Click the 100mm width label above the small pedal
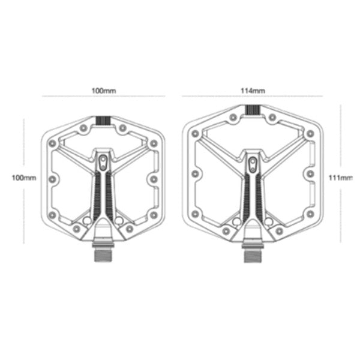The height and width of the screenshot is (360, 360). (104, 91)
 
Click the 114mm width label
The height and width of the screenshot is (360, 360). (253, 91)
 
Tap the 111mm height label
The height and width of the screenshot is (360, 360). (340, 178)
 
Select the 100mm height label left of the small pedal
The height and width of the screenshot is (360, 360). (24, 178)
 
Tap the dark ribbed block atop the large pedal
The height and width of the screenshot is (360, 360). (253, 110)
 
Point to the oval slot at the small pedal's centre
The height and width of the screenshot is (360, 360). (103, 163)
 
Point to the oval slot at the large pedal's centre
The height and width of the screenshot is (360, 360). (253, 164)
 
